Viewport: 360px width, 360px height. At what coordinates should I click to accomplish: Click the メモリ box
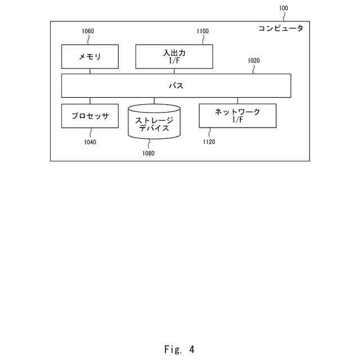[90, 57]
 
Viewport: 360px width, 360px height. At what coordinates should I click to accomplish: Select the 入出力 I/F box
[174, 56]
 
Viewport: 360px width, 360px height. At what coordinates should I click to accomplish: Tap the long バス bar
[176, 86]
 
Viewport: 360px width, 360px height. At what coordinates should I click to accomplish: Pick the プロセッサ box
[90, 116]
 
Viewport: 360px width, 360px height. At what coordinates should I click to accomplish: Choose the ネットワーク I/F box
[237, 115]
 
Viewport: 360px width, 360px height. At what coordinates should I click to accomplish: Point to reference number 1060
[88, 32]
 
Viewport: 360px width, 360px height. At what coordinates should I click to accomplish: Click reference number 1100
[202, 32]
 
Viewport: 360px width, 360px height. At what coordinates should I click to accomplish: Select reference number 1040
[90, 142]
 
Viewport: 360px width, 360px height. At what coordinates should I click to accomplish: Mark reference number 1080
[148, 152]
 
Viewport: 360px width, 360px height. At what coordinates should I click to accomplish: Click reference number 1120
[209, 142]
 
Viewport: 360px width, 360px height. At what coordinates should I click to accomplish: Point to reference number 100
[283, 8]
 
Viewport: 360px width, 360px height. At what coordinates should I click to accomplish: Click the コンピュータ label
[280, 28]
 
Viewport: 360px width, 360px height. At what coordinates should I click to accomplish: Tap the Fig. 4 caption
[179, 349]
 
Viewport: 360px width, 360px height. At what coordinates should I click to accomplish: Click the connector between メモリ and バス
[90, 71]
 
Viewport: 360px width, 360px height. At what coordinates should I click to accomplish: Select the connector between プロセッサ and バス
[90, 101]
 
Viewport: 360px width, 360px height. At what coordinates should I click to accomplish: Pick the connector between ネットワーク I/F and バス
[237, 101]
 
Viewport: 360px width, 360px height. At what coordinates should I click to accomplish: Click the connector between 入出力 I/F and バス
[174, 71]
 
